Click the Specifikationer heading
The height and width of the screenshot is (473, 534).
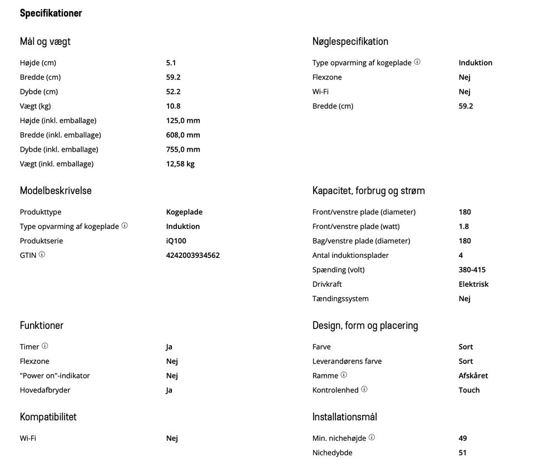pyautogui.click(x=51, y=13)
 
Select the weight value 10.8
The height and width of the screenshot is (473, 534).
pyautogui.click(x=173, y=106)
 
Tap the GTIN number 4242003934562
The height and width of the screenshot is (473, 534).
pyautogui.click(x=192, y=255)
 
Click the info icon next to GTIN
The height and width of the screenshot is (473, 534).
pyautogui.click(x=42, y=255)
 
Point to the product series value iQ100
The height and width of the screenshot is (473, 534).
pyautogui.click(x=176, y=241)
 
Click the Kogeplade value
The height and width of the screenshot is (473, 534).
pyautogui.click(x=184, y=212)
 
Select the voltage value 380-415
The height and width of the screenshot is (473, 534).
pyautogui.click(x=472, y=270)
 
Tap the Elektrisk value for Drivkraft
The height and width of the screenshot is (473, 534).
pyautogui.click(x=473, y=284)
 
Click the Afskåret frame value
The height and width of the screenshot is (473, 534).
pyautogui.click(x=473, y=375)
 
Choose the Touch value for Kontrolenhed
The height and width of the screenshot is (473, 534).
pyautogui.click(x=469, y=390)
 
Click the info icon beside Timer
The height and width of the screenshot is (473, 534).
pyautogui.click(x=45, y=346)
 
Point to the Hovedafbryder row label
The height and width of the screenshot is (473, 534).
pyautogui.click(x=45, y=390)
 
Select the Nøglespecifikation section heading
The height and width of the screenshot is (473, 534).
pyautogui.click(x=350, y=42)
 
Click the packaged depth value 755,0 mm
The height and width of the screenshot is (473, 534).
pyautogui.click(x=183, y=149)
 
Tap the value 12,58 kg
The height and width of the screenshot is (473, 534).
pyautogui.click(x=180, y=163)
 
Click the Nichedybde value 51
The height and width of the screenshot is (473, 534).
pyautogui.click(x=462, y=452)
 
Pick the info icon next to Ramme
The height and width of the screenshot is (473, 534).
pyautogui.click(x=344, y=375)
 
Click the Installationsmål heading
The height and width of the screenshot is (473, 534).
pyautogui.click(x=344, y=417)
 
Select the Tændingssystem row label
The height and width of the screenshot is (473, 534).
pyautogui.click(x=340, y=298)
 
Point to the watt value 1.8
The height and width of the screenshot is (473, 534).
pyautogui.click(x=463, y=226)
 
